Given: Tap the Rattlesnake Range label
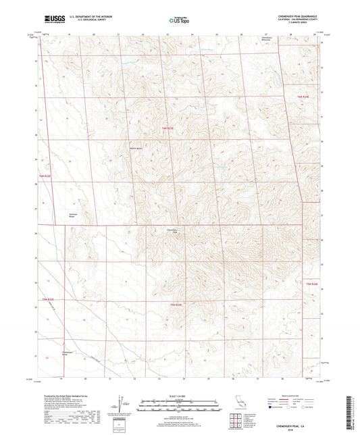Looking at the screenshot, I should point(55,215).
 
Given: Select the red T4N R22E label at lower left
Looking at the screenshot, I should point(46,298).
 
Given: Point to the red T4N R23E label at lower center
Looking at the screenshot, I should point(176,305).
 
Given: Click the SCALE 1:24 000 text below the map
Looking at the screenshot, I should point(179,395).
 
